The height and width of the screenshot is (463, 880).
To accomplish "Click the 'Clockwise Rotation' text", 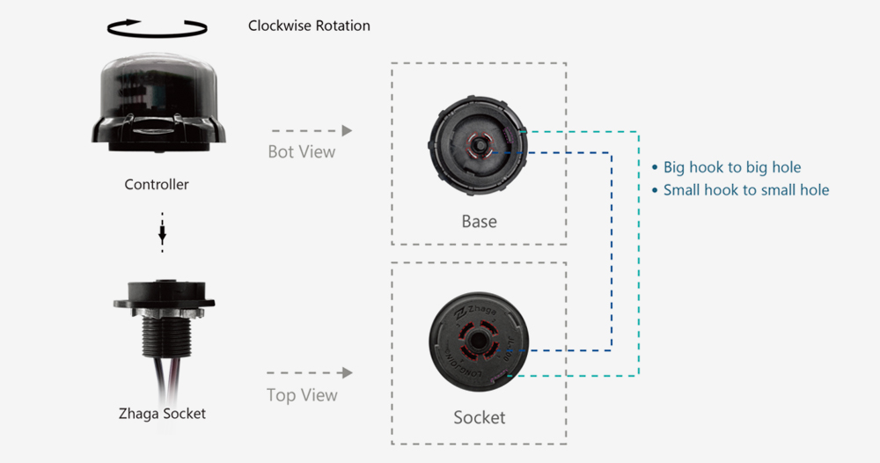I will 309,26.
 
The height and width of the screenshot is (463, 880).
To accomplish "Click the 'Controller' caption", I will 157,185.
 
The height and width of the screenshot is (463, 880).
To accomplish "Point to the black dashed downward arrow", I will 162,232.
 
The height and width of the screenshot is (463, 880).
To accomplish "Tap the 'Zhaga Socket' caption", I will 162,413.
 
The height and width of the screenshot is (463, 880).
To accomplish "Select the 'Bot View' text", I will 302,152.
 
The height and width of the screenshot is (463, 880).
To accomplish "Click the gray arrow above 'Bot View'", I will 312,130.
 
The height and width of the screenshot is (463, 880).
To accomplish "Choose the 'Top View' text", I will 302,395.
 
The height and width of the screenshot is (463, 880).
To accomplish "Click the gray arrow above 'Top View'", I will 312,373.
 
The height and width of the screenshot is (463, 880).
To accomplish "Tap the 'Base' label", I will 479,221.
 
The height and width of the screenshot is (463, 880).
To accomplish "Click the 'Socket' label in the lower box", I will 479,417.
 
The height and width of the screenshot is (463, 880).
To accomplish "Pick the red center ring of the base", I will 479,143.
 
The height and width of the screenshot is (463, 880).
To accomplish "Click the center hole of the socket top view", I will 478,339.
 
